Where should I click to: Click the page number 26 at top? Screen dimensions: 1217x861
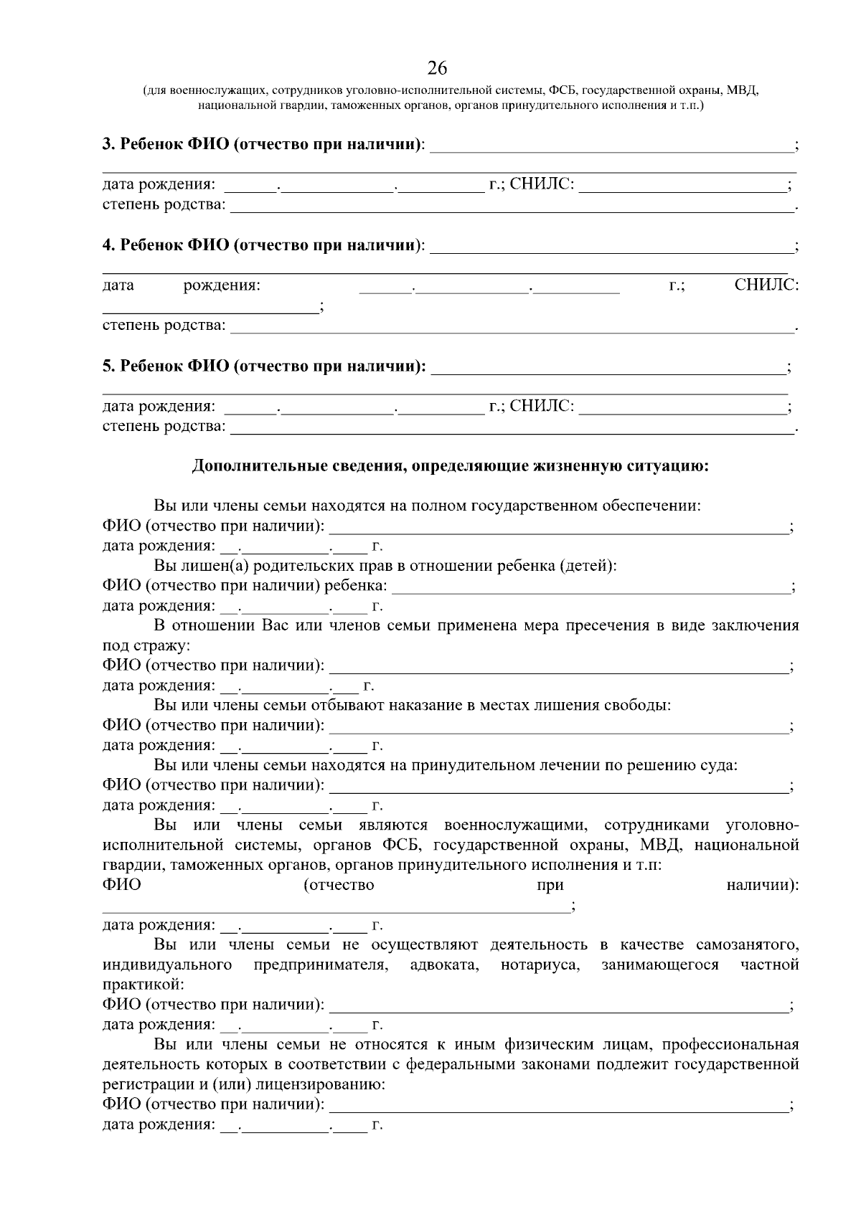pos(437,69)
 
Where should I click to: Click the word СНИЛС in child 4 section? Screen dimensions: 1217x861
pos(766,285)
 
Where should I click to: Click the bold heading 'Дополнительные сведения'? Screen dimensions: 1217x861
pos(450,466)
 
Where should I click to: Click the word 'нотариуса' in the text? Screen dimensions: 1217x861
pos(540,965)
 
